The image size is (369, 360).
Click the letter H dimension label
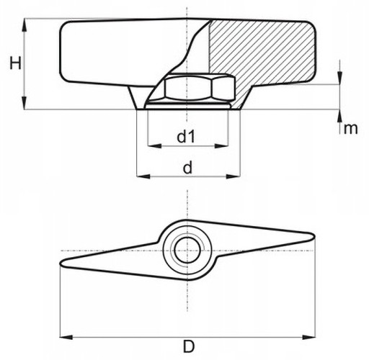[16, 63]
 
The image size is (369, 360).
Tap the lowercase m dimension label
[351, 129]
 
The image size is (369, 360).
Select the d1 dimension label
[187, 137]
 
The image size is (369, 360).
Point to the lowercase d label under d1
[188, 167]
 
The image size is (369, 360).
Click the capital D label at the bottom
[189, 346]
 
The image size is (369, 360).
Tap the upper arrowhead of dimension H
[24, 25]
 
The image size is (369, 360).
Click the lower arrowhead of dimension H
[24, 103]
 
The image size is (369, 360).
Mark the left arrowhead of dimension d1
[154, 145]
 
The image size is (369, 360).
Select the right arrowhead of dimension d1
[221, 145]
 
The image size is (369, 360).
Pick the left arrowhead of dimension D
[66, 337]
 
